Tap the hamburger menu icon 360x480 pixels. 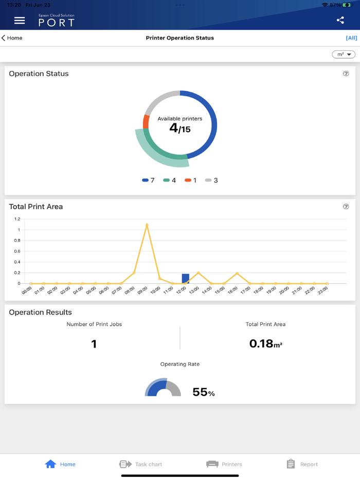coord(20,21)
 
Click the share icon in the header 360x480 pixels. coord(340,20)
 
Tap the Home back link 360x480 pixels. coord(12,38)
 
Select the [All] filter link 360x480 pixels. coord(351,38)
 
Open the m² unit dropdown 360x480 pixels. coord(344,54)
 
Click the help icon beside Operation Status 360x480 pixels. coord(346,73)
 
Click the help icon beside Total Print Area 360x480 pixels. coord(346,207)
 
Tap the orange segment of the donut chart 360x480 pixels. coord(146,122)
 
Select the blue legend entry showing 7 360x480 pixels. coord(148,180)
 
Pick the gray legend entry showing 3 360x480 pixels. coord(211,180)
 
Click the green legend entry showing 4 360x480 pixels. coord(169,180)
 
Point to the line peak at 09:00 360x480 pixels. coord(147,225)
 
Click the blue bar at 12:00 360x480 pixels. coord(185,279)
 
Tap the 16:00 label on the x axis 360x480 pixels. coord(232,290)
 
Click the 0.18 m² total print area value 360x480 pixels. coord(265,344)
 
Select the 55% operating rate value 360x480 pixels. coord(203,392)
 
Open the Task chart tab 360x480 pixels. coord(140,464)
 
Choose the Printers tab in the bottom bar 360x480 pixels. coord(224,464)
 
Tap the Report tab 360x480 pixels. coord(302,464)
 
